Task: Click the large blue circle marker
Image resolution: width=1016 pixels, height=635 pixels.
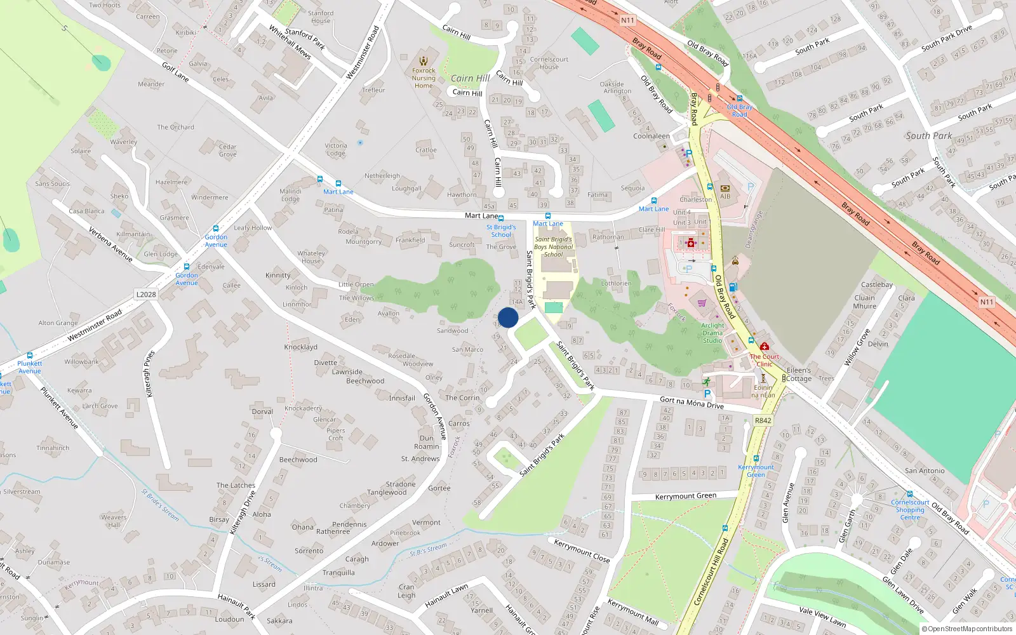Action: [x=508, y=317]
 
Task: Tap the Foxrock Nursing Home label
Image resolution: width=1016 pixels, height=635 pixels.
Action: [x=424, y=78]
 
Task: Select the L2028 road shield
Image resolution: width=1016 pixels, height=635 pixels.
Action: [x=146, y=294]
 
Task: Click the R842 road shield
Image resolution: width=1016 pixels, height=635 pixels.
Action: [x=763, y=420]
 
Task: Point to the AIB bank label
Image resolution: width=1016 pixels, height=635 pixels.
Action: [x=725, y=196]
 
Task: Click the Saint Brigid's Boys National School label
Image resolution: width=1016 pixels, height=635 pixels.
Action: [x=553, y=247]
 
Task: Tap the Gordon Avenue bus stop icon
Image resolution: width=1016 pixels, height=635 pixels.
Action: [x=216, y=229]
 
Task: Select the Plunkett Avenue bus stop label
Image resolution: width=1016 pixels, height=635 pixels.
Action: [x=29, y=367]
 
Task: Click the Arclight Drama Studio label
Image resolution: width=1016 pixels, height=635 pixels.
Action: [x=712, y=333]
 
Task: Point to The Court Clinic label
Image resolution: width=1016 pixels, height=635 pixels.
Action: [x=765, y=360]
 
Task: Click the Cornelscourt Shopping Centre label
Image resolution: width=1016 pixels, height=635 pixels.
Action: [x=910, y=509]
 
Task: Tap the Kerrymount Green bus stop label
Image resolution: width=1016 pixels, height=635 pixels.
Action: [x=756, y=471]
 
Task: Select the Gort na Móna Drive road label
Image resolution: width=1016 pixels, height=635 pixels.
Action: [x=692, y=402]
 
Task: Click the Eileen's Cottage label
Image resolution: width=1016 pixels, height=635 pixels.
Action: [x=799, y=374]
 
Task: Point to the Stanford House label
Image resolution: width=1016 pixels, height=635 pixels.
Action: [x=321, y=17]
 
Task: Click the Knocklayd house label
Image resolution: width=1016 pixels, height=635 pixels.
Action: [x=300, y=347]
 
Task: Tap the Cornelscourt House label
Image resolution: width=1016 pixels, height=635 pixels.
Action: [x=549, y=63]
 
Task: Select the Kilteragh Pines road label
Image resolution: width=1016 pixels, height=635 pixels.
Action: [x=150, y=374]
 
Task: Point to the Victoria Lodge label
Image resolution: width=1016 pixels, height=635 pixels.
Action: [x=336, y=149]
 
